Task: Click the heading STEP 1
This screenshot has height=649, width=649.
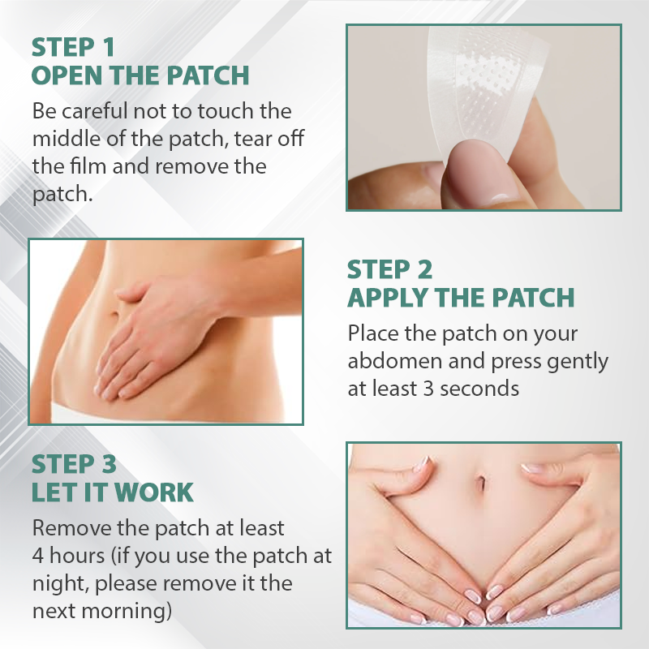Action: tap(73, 47)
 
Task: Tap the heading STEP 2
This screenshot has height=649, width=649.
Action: tap(389, 269)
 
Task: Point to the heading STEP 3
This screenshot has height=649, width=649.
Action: tap(74, 464)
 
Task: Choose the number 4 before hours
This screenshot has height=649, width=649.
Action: tap(37, 556)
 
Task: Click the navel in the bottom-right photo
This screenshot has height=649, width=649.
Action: tap(481, 481)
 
